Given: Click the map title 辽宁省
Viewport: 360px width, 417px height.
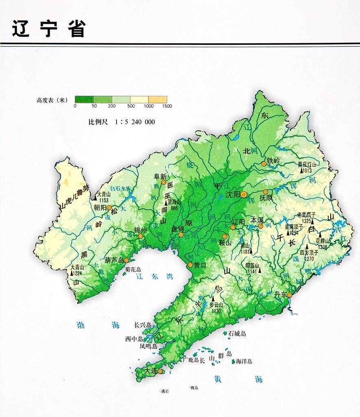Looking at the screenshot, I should pyautogui.click(x=49, y=29).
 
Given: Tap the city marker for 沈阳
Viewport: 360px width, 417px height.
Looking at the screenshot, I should pyautogui.click(x=244, y=195).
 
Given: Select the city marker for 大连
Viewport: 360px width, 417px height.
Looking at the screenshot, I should pyautogui.click(x=160, y=371).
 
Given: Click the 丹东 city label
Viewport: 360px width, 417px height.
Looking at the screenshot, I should pyautogui.click(x=280, y=294).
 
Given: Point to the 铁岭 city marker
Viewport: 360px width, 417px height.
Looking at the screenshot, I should pyautogui.click(x=264, y=164).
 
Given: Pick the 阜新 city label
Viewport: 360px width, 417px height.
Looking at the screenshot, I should pyautogui.click(x=160, y=177).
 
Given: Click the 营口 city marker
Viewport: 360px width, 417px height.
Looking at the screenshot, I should pyautogui.click(x=190, y=265).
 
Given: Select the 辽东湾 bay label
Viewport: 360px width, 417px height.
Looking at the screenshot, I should pyautogui.click(x=155, y=277).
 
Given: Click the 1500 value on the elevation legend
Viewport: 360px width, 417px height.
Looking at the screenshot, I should pyautogui.click(x=167, y=106).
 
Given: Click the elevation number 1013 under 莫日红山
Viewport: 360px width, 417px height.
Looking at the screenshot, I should pyautogui.click(x=307, y=171).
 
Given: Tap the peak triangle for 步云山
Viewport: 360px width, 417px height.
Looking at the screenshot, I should pyautogui.click(x=212, y=299).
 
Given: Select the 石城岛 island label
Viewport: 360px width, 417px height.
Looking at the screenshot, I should pyautogui.click(x=238, y=334).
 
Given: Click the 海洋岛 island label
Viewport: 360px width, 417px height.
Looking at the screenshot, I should pyautogui.click(x=244, y=361).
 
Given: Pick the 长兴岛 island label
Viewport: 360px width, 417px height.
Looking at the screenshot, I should pyautogui.click(x=143, y=325).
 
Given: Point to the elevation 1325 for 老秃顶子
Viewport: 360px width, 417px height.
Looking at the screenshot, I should pyautogui.click(x=306, y=221).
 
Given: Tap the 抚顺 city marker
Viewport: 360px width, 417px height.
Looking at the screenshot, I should pyautogui.click(x=266, y=192).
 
